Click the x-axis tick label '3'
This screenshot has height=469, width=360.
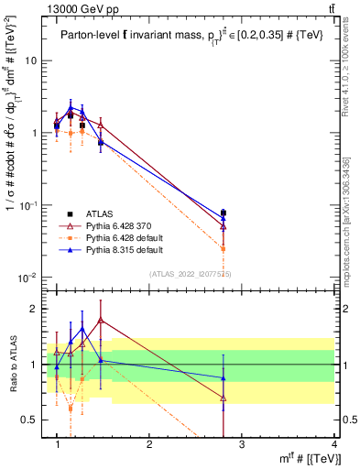(242, 443)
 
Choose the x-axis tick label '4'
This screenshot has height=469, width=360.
(333, 443)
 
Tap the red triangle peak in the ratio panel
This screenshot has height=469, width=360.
(100, 320)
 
